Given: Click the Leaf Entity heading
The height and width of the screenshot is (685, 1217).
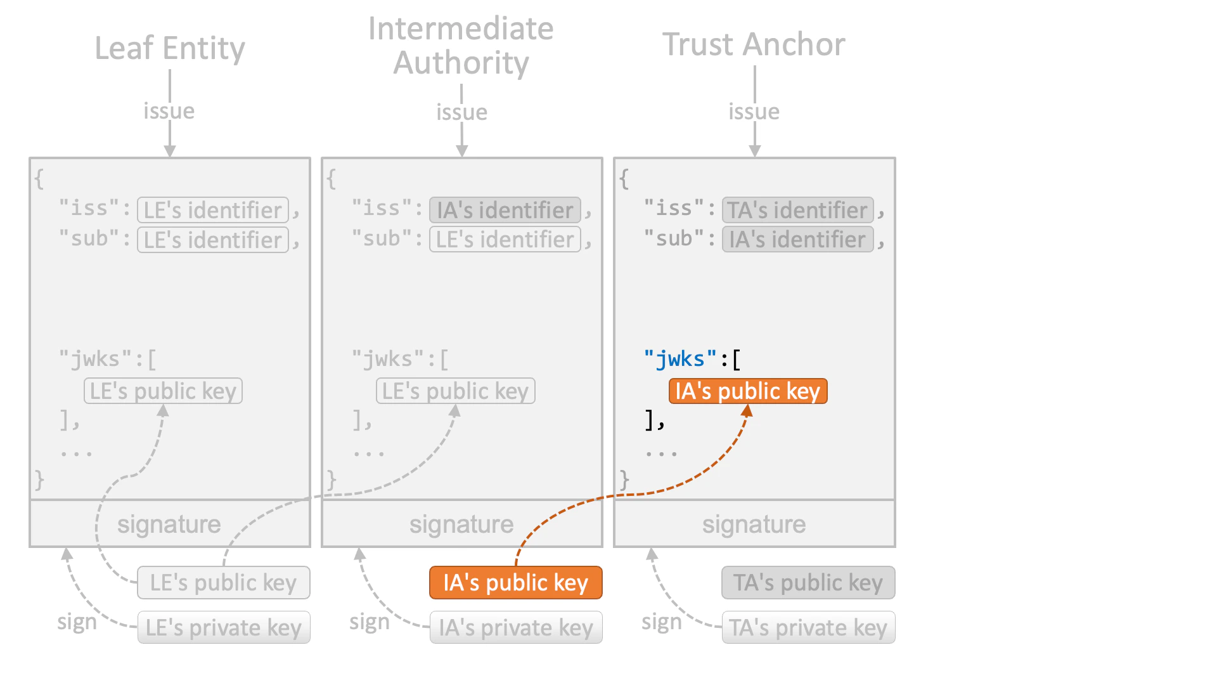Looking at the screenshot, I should point(170,48).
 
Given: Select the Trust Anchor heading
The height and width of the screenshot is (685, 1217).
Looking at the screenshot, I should point(754,44).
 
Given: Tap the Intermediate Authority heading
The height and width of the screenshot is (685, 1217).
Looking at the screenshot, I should point(461,46).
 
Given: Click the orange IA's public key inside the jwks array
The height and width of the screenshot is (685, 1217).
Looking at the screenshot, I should point(748,391).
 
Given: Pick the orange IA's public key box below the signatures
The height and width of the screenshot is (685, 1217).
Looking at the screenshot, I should point(515,583).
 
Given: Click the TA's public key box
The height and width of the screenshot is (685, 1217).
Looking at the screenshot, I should point(808,583).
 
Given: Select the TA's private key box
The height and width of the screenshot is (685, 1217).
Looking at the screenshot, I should point(808,628).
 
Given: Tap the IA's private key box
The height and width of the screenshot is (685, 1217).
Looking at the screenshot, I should point(515,628).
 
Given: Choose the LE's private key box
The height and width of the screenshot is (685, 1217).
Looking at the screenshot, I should point(223,628).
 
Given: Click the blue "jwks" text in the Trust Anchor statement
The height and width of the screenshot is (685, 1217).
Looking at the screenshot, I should point(680,359).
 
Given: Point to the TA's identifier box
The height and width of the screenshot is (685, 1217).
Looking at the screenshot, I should point(797,210).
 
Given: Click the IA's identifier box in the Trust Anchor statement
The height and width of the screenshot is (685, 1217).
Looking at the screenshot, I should point(797,240).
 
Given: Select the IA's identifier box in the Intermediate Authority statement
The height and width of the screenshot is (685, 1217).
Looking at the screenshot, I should point(505,210).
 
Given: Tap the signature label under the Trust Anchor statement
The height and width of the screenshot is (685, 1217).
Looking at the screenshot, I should point(754,525).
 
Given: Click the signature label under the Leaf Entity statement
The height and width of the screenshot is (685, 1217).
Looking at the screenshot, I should point(169,525).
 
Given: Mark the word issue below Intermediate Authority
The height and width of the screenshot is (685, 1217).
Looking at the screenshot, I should point(461,112).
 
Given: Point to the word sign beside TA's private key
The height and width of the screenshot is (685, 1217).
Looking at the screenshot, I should point(661,622).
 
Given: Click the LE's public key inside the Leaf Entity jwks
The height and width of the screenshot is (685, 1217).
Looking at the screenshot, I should point(163,391).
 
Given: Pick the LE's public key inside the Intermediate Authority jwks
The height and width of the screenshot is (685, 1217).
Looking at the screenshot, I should point(455,391).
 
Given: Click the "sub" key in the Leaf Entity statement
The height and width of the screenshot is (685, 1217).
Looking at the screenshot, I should point(89,239).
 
